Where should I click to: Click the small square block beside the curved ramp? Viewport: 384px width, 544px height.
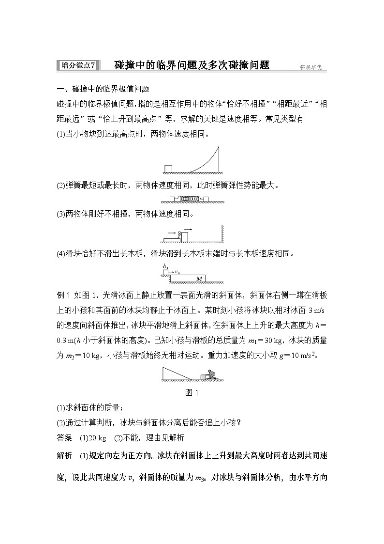click(x=168, y=169)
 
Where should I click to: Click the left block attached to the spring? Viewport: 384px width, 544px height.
click(x=172, y=199)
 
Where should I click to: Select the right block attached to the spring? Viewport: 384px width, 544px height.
click(x=206, y=199)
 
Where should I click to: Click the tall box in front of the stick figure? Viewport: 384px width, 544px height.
click(x=185, y=235)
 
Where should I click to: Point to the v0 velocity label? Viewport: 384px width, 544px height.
click(x=177, y=272)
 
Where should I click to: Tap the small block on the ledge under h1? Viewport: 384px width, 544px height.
click(x=165, y=273)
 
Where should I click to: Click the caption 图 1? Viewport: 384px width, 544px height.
click(x=192, y=393)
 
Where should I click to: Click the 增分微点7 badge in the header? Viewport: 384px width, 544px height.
click(x=77, y=65)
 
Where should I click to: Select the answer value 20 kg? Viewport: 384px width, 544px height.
click(x=96, y=438)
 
